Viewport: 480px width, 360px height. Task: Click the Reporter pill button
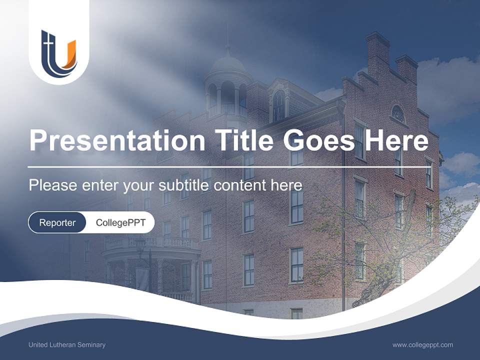(57, 222)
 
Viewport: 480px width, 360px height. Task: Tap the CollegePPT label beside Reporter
(120, 222)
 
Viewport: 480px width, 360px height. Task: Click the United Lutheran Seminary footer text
(67, 344)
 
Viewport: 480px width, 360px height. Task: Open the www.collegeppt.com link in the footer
(422, 344)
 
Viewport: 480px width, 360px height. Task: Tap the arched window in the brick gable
(397, 114)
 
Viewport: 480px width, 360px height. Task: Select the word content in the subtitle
(241, 185)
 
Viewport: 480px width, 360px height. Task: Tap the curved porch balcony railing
(150, 243)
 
